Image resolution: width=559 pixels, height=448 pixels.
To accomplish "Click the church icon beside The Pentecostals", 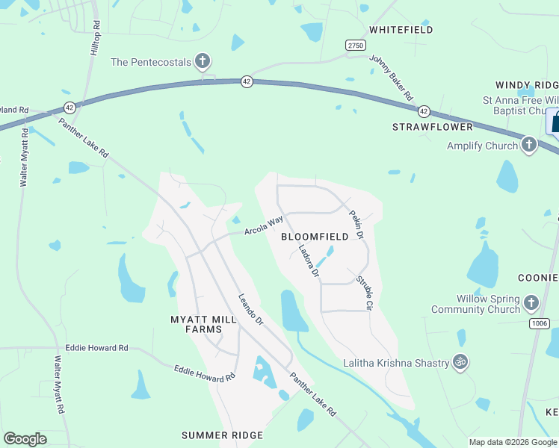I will click(x=202, y=61).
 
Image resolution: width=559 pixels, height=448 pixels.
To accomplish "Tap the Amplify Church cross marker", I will click(x=528, y=145).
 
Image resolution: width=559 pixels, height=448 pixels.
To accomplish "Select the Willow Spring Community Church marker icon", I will click(x=531, y=303).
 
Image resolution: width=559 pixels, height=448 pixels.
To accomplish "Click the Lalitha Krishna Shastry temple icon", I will click(x=460, y=363).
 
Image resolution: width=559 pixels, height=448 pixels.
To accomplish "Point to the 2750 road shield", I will click(x=356, y=46).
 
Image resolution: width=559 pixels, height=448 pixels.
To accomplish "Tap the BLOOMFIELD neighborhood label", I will click(x=315, y=237).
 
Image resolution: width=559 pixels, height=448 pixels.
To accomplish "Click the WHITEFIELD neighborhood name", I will click(x=401, y=30).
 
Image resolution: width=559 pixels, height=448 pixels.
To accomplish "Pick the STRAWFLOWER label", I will click(x=433, y=127).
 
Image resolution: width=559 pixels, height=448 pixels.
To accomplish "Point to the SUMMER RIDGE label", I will click(x=223, y=435).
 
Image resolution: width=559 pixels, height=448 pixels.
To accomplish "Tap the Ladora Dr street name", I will click(x=309, y=263).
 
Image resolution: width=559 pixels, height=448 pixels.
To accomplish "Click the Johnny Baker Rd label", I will click(x=392, y=81).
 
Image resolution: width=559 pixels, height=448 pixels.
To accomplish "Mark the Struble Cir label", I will click(x=365, y=293).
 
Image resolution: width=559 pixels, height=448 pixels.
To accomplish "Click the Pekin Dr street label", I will click(x=356, y=224).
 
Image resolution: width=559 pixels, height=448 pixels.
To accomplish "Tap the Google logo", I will click(x=25, y=439).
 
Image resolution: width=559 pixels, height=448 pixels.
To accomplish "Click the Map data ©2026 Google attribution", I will click(x=513, y=442).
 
